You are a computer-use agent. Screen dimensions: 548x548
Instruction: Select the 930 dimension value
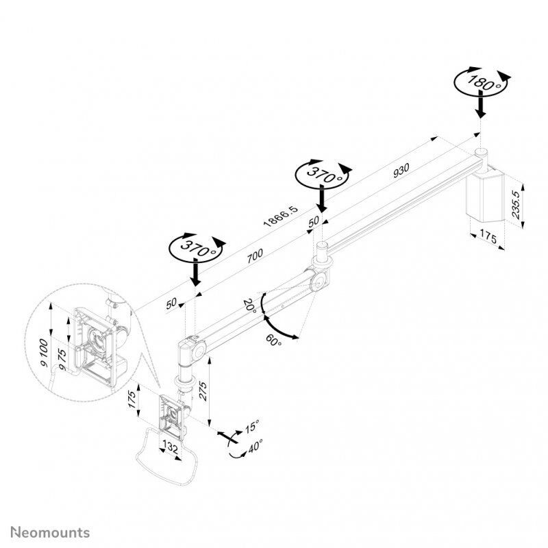403,173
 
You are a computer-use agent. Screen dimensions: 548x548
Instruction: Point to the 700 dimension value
254,255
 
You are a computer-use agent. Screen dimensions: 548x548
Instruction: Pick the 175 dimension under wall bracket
488,238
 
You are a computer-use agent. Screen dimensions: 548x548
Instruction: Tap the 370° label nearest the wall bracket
322,174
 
